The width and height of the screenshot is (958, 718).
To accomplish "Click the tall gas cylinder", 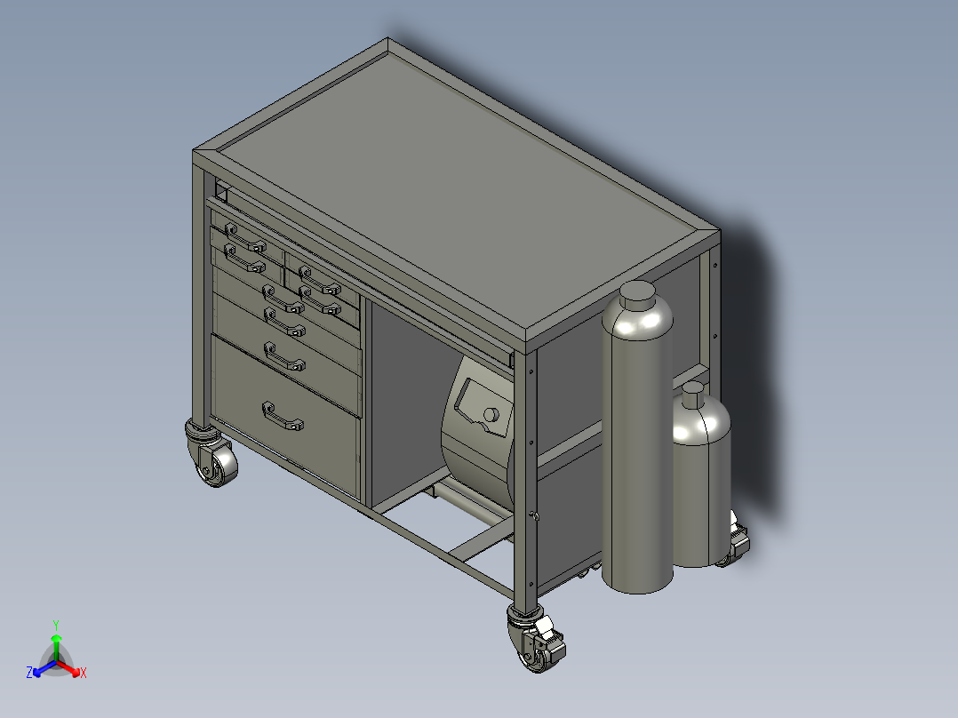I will click(x=635, y=444).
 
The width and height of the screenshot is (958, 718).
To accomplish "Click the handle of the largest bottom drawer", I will click(x=283, y=415).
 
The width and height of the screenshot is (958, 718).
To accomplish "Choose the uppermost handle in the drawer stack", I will click(x=245, y=237).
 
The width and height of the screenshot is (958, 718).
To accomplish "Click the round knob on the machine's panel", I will click(x=490, y=414).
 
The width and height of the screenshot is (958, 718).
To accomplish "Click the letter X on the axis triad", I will click(x=84, y=674).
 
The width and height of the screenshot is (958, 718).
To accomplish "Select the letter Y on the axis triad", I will click(x=55, y=625).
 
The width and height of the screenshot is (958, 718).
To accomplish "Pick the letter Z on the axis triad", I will click(x=29, y=674).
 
